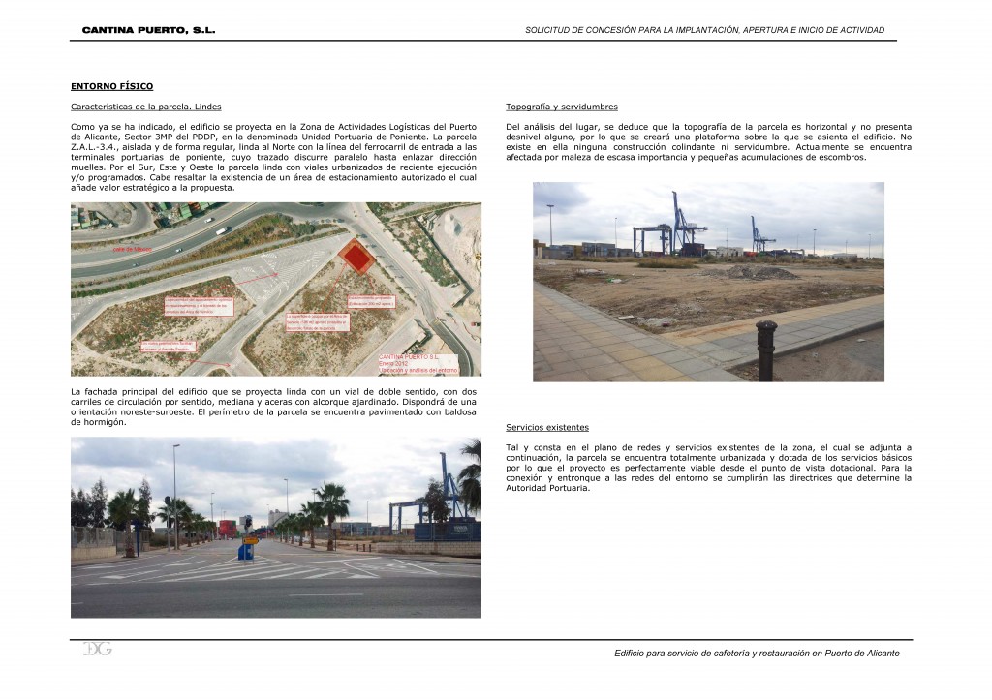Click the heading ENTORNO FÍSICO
tap(112, 86)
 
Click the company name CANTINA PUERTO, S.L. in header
tap(148, 30)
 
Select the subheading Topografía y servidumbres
tap(562, 107)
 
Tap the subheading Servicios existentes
tap(547, 427)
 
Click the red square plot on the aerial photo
tap(357, 257)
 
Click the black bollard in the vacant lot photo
tap(766, 350)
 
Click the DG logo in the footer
tap(97, 649)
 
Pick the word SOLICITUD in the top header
tap(547, 30)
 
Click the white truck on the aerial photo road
tap(223, 230)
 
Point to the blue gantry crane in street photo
tap(451, 489)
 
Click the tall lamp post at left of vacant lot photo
tap(550, 225)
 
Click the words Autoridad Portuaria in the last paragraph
tap(548, 488)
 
